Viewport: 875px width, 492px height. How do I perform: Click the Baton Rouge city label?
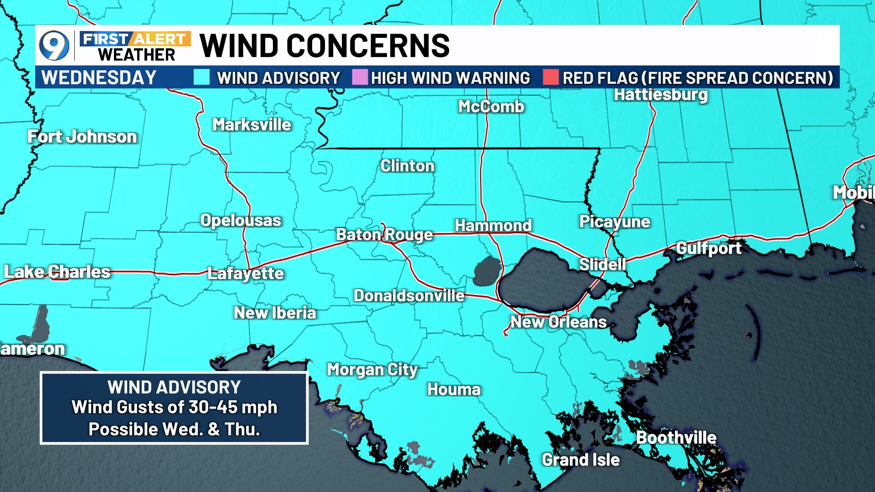(384, 235)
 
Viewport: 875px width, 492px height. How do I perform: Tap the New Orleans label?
(558, 322)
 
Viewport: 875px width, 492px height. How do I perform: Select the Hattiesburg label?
(660, 95)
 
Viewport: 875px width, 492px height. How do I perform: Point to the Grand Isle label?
(581, 460)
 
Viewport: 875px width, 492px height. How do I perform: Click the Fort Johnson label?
(82, 137)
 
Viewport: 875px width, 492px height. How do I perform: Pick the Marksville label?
(252, 124)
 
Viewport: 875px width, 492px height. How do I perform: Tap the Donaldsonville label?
(409, 296)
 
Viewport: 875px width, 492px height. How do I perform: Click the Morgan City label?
(372, 369)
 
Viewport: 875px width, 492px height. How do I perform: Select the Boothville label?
(676, 438)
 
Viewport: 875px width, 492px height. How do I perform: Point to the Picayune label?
(614, 222)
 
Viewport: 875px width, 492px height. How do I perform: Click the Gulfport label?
(709, 248)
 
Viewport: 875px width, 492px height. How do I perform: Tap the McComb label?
(491, 107)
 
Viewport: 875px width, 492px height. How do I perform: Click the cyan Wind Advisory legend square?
(201, 77)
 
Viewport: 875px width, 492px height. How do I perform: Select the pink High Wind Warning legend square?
(360, 77)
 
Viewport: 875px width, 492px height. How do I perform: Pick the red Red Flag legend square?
(551, 77)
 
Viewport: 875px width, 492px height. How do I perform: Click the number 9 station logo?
(54, 46)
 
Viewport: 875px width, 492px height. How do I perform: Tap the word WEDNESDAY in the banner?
(99, 77)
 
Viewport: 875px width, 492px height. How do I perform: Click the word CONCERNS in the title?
(368, 46)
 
